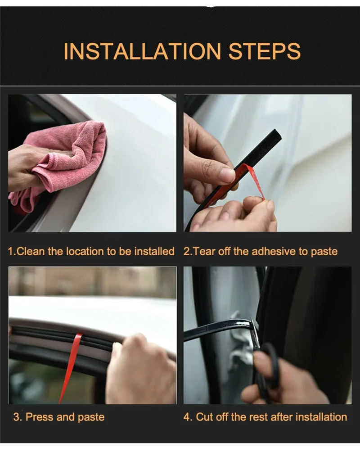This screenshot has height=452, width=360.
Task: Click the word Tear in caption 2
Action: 204,251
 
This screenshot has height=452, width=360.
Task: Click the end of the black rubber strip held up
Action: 275,136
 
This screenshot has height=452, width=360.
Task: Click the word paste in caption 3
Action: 91,417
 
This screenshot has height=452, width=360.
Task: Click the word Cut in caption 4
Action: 205,417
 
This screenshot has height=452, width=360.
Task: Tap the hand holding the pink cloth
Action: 22,167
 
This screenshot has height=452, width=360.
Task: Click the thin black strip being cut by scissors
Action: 216,328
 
